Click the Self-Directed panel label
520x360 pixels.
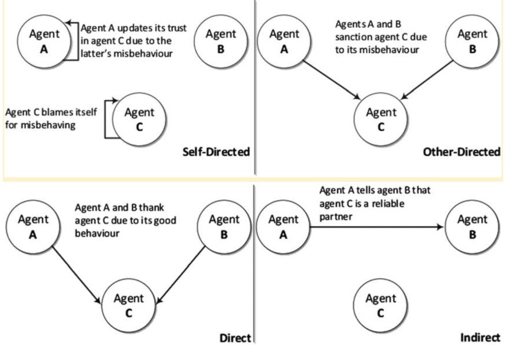[216, 152]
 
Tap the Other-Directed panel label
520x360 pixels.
[462, 152]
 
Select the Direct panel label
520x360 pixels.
[235, 338]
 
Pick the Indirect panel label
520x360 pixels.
[480, 338]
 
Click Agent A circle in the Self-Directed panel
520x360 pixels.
[44, 41]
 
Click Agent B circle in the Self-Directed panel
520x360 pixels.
[221, 41]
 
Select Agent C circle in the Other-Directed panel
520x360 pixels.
[381, 119]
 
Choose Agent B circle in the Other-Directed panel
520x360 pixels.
[472, 41]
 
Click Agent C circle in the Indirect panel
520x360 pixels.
[380, 305]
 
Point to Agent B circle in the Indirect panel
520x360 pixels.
[472, 227]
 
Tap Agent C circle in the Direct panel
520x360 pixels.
[129, 305]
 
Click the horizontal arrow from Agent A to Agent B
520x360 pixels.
[377, 227]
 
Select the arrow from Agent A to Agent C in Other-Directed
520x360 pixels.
[332, 80]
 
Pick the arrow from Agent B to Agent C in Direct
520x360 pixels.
[181, 274]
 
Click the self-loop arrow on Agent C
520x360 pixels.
[105, 119]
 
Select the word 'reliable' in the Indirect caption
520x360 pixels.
[388, 204]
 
